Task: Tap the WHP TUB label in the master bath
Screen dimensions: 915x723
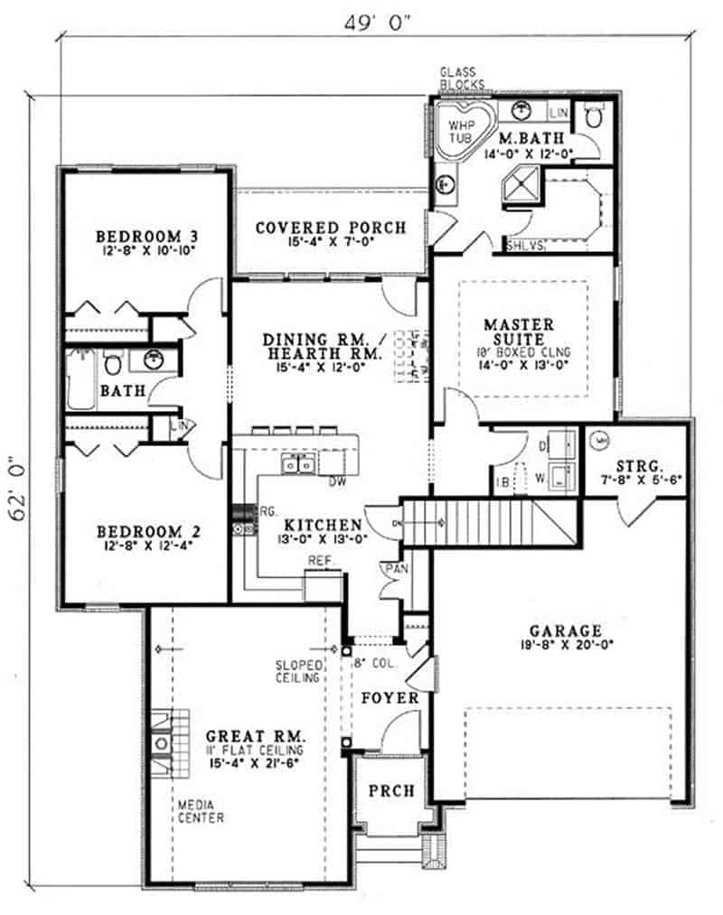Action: [463, 129]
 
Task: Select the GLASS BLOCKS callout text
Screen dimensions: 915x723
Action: [462, 79]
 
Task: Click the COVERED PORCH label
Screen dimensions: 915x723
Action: [329, 228]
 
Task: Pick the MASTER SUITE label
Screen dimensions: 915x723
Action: [518, 331]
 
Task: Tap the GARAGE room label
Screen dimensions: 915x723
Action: [567, 630]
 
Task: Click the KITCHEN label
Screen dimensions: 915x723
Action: [324, 524]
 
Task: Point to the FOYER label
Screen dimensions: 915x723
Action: [390, 698]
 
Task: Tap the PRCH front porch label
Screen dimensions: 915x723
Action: [391, 790]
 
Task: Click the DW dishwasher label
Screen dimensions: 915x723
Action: [338, 481]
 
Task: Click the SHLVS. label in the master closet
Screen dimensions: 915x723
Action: [522, 245]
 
